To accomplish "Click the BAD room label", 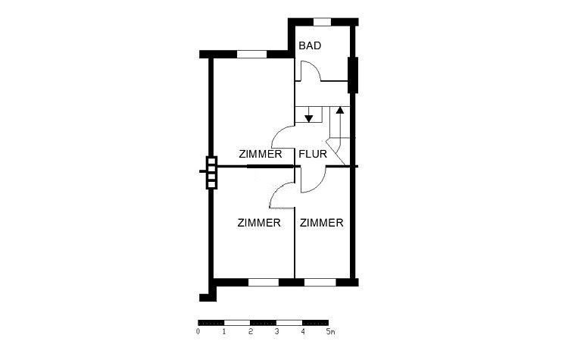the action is pos(310,45).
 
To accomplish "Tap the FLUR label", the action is pos(313,154).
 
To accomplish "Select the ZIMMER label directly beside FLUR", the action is pos(260,154).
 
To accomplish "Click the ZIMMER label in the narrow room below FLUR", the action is pos(321,223).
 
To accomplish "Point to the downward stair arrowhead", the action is pos(309,118).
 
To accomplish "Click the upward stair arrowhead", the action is pos(340,110).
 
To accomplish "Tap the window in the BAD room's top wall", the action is pos(322,22).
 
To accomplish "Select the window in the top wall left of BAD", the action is pos(251,55).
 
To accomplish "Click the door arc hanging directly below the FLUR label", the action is pos(319,185).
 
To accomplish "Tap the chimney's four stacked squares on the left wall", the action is pos(211,173).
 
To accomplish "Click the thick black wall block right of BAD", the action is pos(353,75).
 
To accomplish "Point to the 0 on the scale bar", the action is pos(198,331).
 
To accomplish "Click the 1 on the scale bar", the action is pos(224,331).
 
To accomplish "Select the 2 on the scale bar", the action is pos(251,331).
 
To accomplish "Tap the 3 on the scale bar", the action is pos(276,331).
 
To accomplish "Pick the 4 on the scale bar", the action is pos(303,331).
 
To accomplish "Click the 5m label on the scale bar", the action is pos(330,331).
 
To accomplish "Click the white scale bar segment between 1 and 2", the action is pos(237,323).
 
